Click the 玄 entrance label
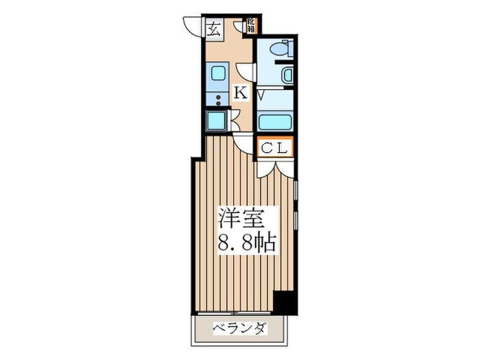214,29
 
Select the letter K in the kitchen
241,93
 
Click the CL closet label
275,147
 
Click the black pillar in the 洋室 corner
283,302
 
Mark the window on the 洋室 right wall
296,206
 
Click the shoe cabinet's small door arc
239,27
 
